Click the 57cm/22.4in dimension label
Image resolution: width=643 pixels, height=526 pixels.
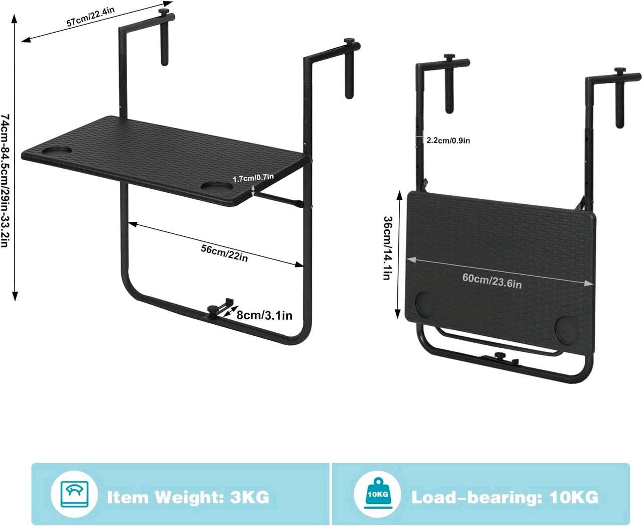pyautogui.click(x=90, y=17)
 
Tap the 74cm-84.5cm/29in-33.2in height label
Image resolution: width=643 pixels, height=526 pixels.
pyautogui.click(x=5, y=181)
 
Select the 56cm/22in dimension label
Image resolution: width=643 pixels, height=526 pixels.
pyautogui.click(x=224, y=253)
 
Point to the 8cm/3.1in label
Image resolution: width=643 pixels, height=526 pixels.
pyautogui.click(x=264, y=315)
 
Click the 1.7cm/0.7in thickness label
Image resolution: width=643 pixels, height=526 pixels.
pyautogui.click(x=253, y=178)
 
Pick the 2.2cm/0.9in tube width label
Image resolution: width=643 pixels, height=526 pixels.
pyautogui.click(x=448, y=141)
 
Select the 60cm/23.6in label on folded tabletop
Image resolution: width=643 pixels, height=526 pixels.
pyautogui.click(x=492, y=281)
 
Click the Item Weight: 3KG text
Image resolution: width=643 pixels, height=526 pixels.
pyautogui.click(x=188, y=497)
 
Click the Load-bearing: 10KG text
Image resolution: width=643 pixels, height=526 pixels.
pyautogui.click(x=505, y=497)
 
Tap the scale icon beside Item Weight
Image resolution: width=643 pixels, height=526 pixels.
pyautogui.click(x=74, y=494)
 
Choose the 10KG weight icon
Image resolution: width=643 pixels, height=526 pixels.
pyautogui.click(x=377, y=494)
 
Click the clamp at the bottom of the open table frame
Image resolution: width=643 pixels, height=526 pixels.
pyautogui.click(x=219, y=308)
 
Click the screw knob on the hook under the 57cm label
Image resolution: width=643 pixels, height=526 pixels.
pyautogui.click(x=164, y=13)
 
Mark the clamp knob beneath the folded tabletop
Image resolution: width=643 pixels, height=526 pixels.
pyautogui.click(x=499, y=355)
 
